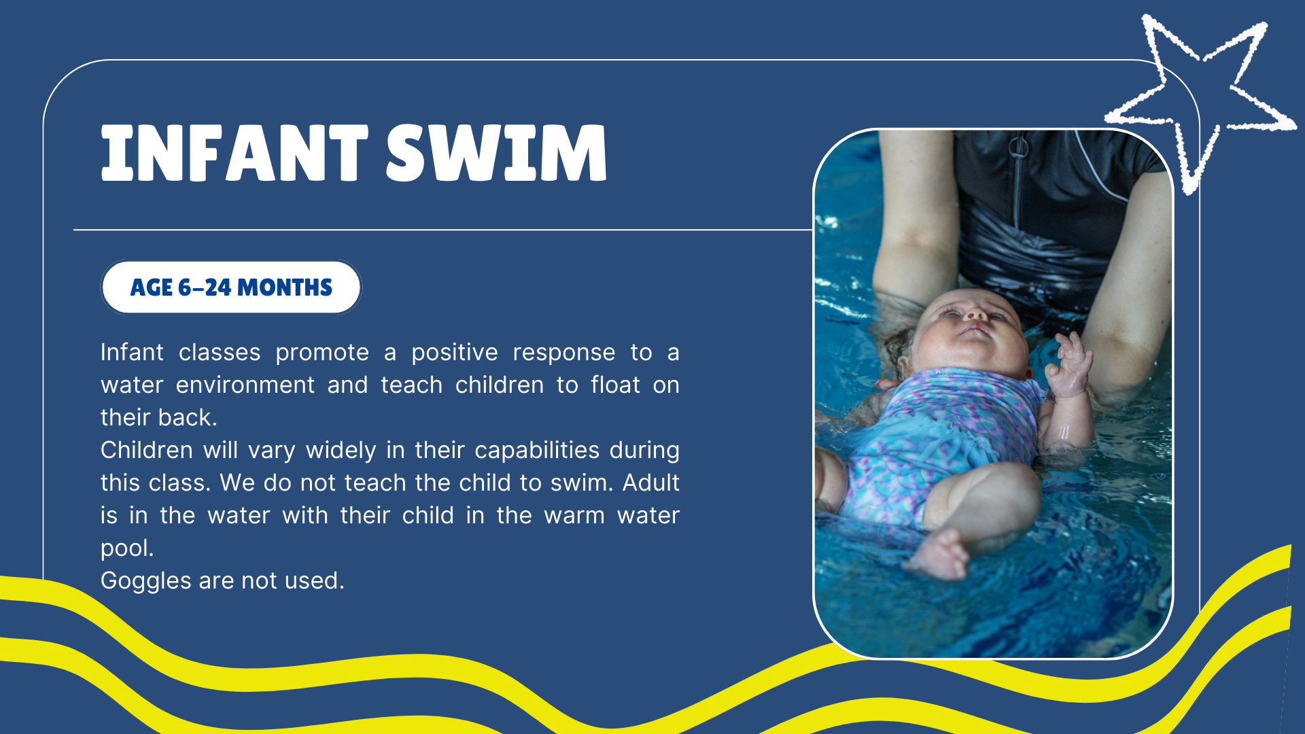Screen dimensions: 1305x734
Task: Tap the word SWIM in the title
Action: point(497,153)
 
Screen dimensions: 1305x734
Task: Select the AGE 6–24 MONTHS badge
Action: point(231,287)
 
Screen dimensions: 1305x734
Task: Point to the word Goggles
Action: point(146,581)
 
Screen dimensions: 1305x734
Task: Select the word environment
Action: point(245,385)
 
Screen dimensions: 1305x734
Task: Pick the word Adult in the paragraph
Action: point(650,483)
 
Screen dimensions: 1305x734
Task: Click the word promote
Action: point(322,353)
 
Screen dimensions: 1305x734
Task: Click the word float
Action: point(615,385)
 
